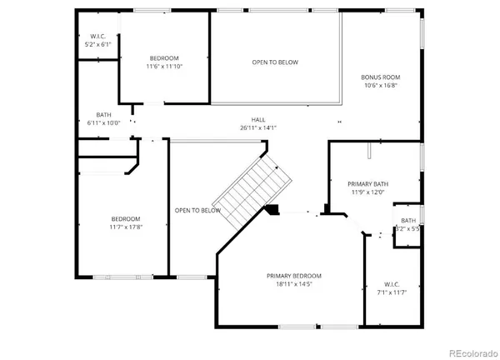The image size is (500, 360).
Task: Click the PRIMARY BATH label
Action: point(367,183)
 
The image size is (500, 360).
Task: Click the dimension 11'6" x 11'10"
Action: point(164,66)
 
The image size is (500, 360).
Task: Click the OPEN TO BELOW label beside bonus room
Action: point(275,62)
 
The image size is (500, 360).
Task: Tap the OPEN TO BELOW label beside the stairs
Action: point(197,210)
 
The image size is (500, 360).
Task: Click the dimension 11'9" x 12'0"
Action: point(367,192)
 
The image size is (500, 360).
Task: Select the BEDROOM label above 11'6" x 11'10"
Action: point(164,57)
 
